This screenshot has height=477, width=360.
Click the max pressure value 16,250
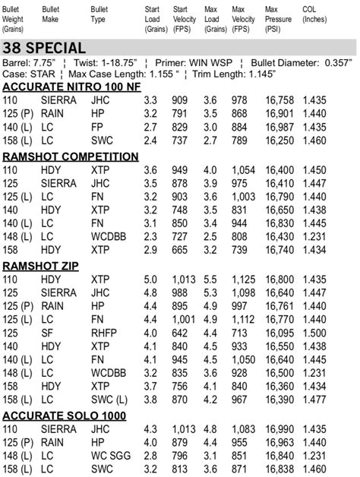coord(280,141)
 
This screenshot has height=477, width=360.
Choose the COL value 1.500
coord(316,333)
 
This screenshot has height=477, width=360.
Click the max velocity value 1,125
coord(244,280)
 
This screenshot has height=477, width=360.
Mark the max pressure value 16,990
coord(280,429)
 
